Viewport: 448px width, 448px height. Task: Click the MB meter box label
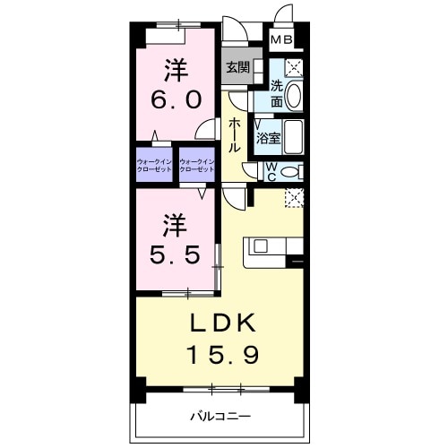coord(281,39)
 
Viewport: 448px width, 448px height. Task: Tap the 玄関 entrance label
coord(237,67)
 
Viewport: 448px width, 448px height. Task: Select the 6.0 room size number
coord(175,99)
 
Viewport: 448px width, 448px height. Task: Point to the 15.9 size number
coord(223,355)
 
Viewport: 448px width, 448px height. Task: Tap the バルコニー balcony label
coord(220,416)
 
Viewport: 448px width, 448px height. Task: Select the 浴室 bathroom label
coord(268,139)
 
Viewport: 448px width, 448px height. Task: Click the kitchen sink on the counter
coord(261,245)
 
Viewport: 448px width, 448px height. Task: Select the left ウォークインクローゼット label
coord(156,165)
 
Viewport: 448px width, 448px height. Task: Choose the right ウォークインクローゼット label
coord(198,165)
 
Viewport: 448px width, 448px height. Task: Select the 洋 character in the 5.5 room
coord(175,221)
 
